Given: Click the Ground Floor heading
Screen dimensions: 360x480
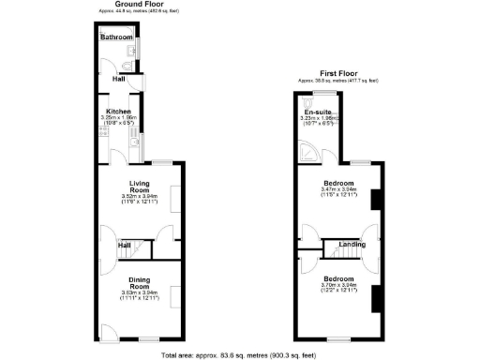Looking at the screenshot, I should (135, 4).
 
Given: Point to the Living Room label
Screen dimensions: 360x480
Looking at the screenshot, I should (140, 187).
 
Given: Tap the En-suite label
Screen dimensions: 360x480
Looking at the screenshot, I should (317, 112).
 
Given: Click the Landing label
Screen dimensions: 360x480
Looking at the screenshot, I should (352, 245).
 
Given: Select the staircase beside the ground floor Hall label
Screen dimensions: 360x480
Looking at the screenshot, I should (140, 247).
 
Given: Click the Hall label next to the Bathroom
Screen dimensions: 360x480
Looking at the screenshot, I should (119, 80).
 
